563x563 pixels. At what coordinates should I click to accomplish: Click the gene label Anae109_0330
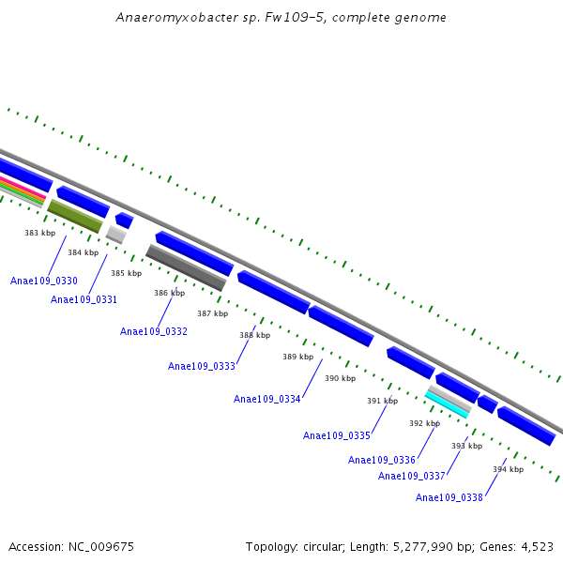tap(43, 281)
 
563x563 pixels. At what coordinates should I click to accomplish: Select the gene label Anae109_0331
tap(84, 299)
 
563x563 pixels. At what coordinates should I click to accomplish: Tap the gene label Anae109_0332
tap(154, 331)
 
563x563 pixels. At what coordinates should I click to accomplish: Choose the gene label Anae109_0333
tap(202, 366)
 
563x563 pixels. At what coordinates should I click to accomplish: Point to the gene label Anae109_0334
tap(267, 399)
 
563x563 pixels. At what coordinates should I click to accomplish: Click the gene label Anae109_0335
tap(337, 435)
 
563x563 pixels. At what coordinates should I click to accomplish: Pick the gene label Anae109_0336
tap(382, 460)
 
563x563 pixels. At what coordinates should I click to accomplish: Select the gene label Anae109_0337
tap(412, 476)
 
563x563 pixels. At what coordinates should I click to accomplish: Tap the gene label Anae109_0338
tap(449, 497)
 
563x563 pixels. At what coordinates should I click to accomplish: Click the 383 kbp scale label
tap(39, 233)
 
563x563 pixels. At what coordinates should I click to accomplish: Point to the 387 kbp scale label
tap(212, 313)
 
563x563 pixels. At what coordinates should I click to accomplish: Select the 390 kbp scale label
tap(340, 378)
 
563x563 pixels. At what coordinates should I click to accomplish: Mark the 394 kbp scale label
tap(508, 469)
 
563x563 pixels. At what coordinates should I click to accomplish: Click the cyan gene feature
tap(447, 404)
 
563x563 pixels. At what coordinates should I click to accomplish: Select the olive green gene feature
tap(75, 217)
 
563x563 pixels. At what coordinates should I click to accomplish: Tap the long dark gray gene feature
tap(186, 267)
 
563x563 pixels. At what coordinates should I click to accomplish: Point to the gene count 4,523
tap(536, 546)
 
